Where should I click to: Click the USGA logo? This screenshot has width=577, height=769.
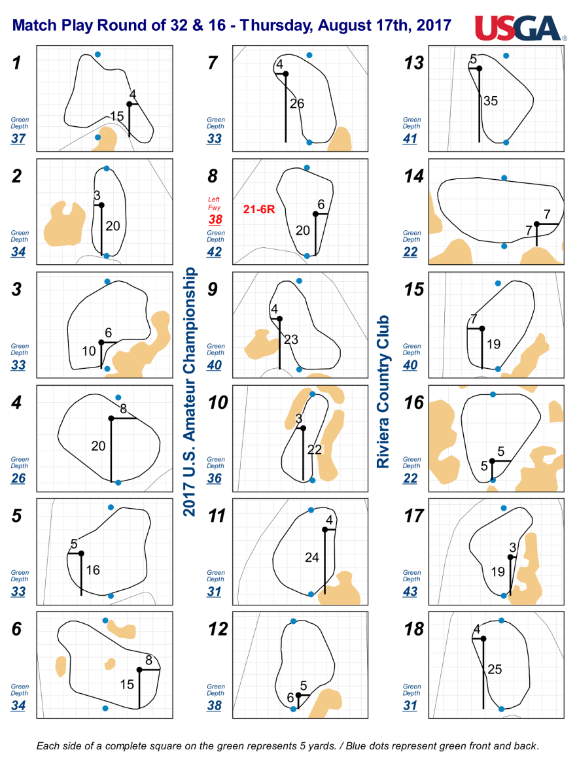tap(519, 28)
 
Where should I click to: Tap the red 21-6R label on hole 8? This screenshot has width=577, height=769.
tap(259, 209)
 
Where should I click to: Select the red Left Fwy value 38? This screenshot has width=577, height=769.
tap(215, 219)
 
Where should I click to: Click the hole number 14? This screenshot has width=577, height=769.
tap(413, 176)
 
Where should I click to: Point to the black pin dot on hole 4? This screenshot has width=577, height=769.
tap(111, 419)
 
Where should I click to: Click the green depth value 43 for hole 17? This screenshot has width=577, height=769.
tap(410, 591)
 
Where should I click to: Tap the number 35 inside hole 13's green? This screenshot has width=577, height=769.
tap(491, 101)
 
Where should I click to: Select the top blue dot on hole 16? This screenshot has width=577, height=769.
tap(493, 394)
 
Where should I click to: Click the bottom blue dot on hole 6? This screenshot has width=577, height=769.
tap(105, 708)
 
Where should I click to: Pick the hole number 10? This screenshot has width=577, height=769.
tap(218, 403)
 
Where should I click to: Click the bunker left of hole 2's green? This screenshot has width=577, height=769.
tap(63, 224)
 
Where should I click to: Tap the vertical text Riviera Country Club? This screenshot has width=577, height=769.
tap(383, 391)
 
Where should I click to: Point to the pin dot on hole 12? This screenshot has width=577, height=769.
tap(298, 695)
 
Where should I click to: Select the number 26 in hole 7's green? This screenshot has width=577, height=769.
tap(297, 103)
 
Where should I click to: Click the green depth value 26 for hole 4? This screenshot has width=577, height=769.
tap(18, 478)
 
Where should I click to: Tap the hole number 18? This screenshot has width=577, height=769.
tap(413, 629)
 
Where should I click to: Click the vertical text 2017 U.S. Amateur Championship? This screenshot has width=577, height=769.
tap(190, 392)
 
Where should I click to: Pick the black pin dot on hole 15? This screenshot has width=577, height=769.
tap(482, 328)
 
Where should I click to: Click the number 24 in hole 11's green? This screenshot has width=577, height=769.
tap(312, 558)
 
